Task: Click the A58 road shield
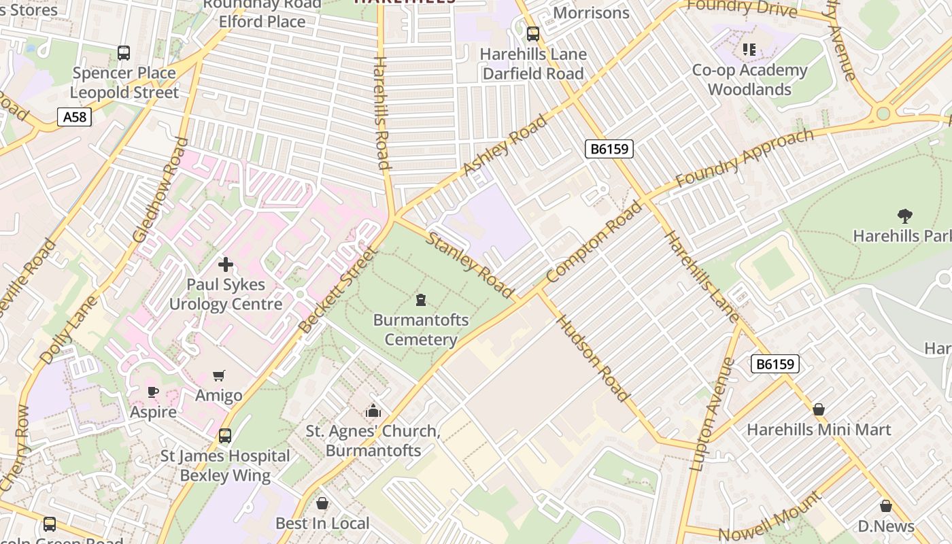74,117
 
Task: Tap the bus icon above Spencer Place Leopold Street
124,53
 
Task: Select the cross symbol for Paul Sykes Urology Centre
226,264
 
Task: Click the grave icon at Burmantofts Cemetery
421,299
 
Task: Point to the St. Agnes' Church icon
373,411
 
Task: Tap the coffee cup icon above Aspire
153,392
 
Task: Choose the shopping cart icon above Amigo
219,375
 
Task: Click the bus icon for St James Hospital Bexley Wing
225,435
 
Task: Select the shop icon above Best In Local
322,503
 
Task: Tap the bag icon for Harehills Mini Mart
819,409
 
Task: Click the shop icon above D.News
885,506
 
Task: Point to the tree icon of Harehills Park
904,216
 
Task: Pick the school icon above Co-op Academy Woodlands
749,49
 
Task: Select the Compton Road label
593,242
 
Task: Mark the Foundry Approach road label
744,158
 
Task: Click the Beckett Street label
338,290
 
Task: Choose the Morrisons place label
591,12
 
